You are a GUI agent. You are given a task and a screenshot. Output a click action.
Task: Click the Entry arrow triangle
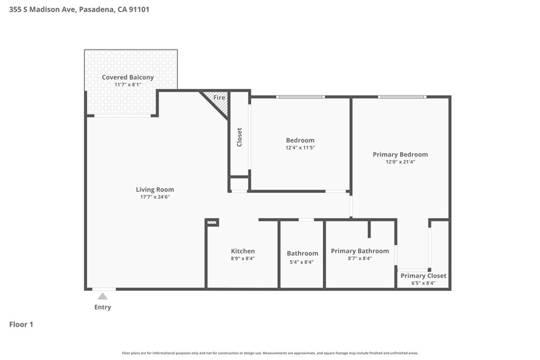[102, 296]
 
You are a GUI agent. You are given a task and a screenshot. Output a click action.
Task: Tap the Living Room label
[155, 190]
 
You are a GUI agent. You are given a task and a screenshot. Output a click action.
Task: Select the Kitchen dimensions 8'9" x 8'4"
[243, 258]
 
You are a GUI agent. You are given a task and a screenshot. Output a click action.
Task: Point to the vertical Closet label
[239, 138]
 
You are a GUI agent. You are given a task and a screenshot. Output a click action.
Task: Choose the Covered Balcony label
[128, 77]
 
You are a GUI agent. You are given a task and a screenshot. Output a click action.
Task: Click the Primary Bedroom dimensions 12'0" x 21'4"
[401, 162]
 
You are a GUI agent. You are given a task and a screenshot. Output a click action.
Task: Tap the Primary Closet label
[423, 276]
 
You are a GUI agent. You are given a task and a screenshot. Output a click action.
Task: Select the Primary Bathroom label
[360, 251]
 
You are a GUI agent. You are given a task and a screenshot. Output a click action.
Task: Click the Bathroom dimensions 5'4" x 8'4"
[302, 262]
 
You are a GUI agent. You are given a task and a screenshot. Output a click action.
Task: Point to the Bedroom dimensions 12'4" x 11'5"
[300, 148]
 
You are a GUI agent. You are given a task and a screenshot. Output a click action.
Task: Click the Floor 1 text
[21, 325]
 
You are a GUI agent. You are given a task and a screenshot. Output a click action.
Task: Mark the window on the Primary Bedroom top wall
[402, 97]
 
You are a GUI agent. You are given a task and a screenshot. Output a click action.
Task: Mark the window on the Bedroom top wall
[300, 97]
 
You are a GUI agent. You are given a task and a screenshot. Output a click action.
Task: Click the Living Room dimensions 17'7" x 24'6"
[155, 197]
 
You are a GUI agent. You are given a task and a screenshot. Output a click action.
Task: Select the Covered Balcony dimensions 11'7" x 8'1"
[128, 85]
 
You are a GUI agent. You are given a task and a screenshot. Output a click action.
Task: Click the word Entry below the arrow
[103, 307]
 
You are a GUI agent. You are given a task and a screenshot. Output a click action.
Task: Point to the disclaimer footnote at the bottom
[270, 353]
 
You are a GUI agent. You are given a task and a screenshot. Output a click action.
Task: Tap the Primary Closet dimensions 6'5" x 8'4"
[423, 283]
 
